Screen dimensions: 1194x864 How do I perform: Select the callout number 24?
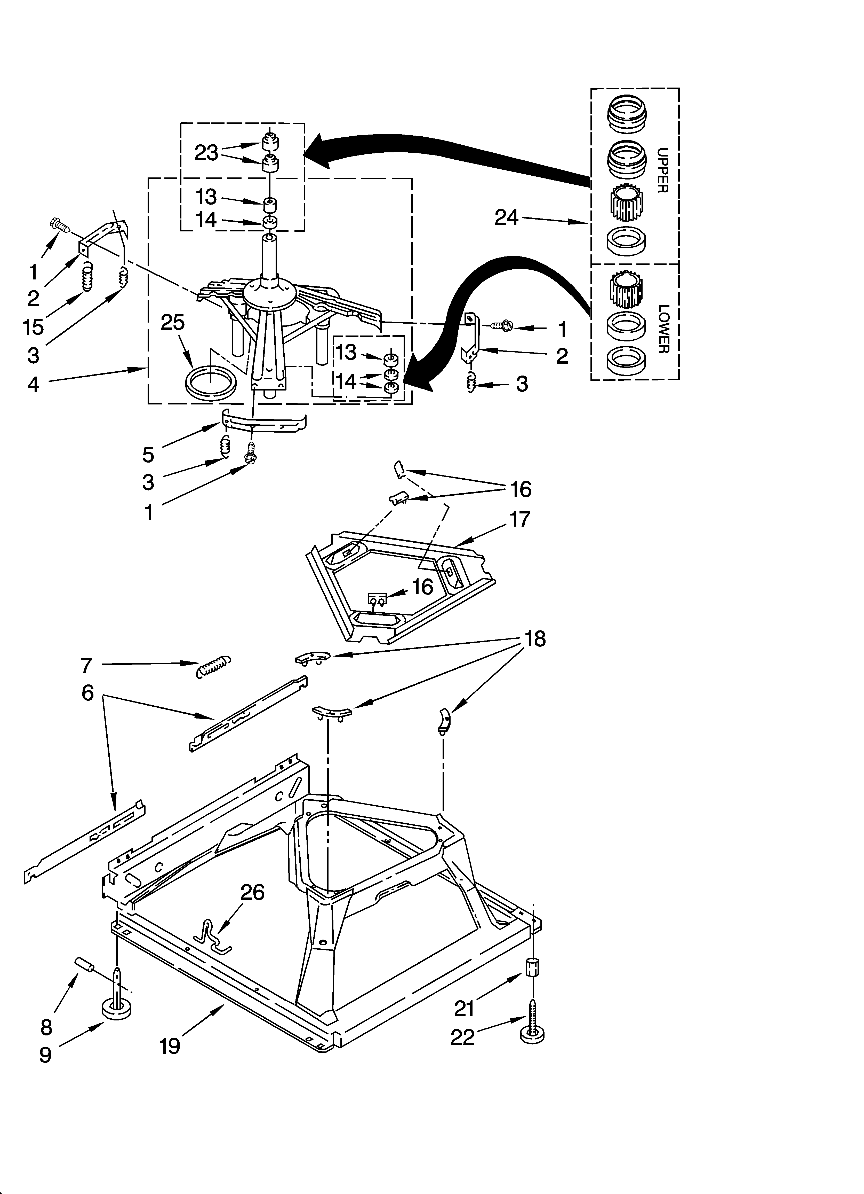[x=506, y=217]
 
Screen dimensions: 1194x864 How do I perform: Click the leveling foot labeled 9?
[x=116, y=1006]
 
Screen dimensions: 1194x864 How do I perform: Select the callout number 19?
[x=170, y=1045]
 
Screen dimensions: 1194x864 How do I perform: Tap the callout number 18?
[x=535, y=639]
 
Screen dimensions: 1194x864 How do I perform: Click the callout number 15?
[x=33, y=326]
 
